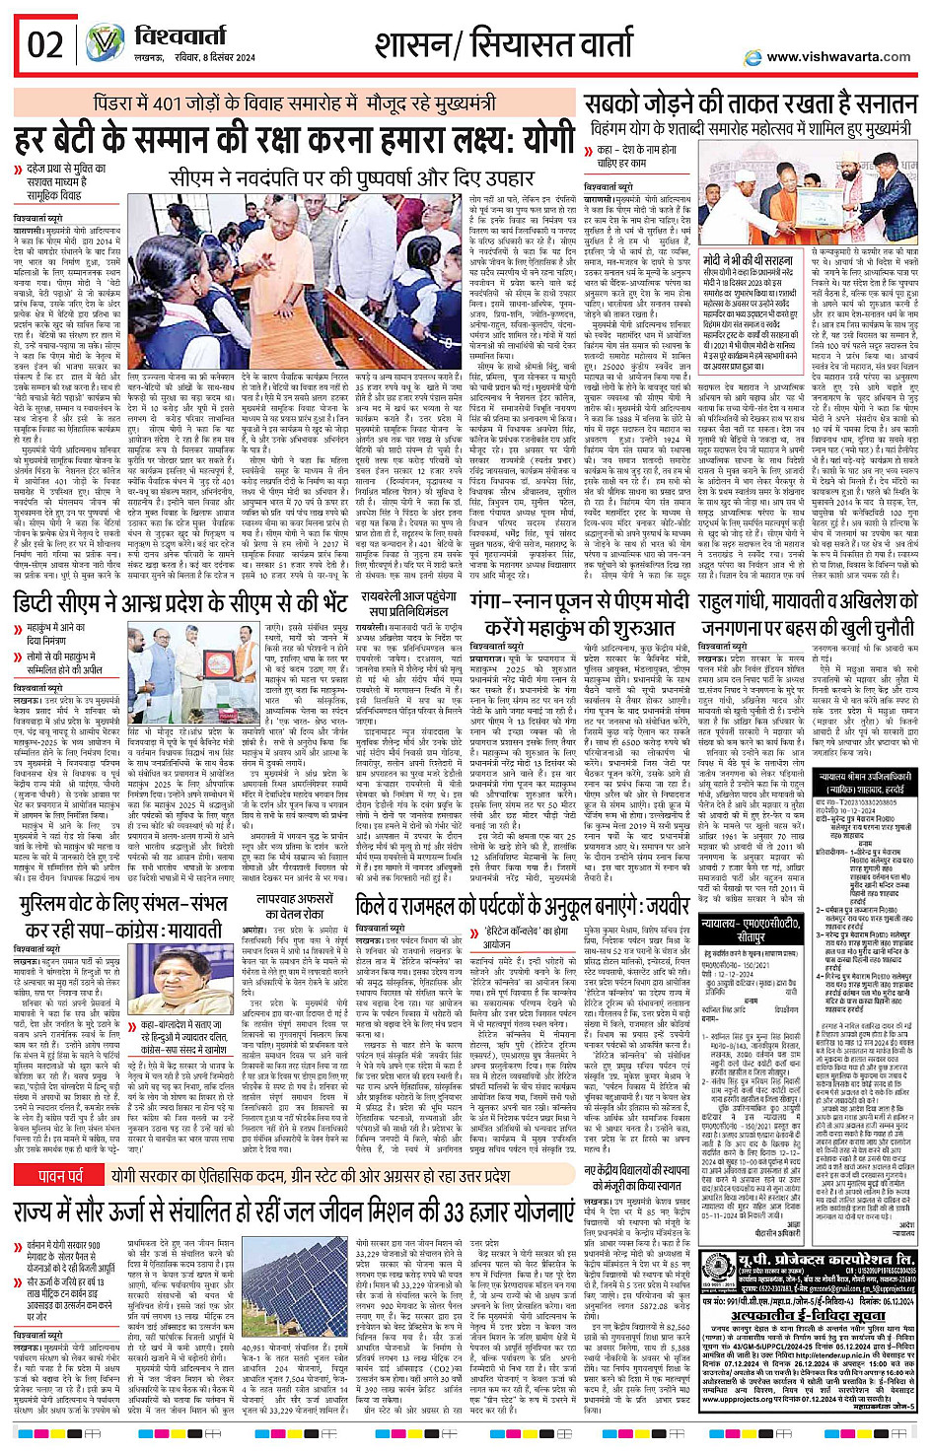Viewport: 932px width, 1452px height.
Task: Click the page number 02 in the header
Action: pyautogui.click(x=45, y=45)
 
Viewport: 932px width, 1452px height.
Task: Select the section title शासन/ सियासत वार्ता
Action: pyautogui.click(x=503, y=45)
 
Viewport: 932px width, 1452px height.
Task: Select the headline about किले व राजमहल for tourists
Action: pyautogui.click(x=523, y=907)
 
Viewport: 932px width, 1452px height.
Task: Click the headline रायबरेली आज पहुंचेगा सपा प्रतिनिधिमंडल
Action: pyautogui.click(x=407, y=605)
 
